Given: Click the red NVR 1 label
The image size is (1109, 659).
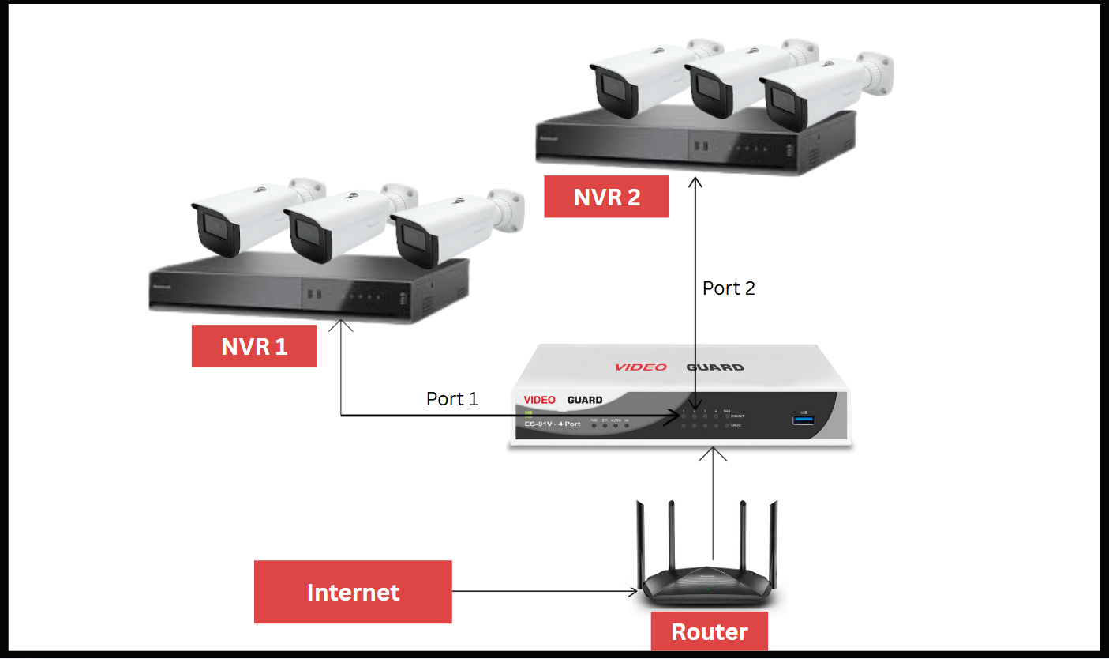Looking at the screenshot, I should (x=254, y=346).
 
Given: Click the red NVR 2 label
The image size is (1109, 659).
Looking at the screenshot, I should (x=606, y=197).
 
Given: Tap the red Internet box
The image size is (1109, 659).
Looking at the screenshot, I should (x=353, y=592).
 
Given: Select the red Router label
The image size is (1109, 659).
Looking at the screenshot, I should (x=709, y=631).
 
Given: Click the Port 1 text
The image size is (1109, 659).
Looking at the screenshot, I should (x=452, y=398).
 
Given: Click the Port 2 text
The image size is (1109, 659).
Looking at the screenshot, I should (x=729, y=288).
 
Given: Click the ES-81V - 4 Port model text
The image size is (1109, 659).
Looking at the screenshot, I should (x=552, y=424).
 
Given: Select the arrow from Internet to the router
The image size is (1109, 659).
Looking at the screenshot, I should (x=545, y=591).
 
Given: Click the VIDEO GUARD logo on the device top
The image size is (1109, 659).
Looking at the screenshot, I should (x=679, y=367).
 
